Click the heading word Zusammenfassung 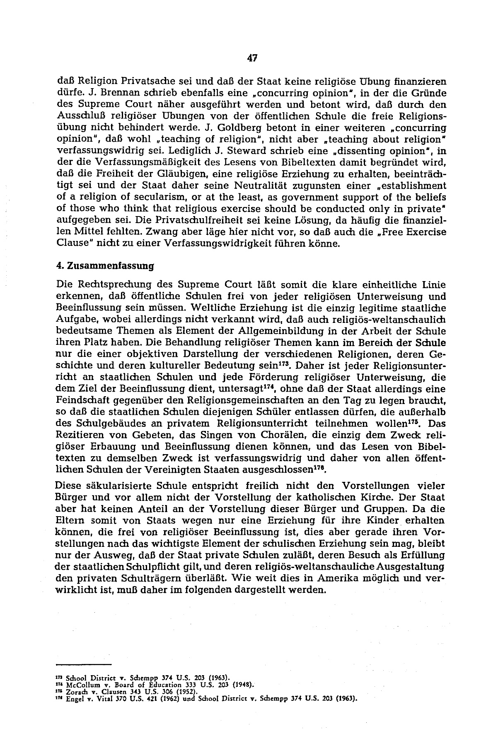(x=109, y=266)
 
